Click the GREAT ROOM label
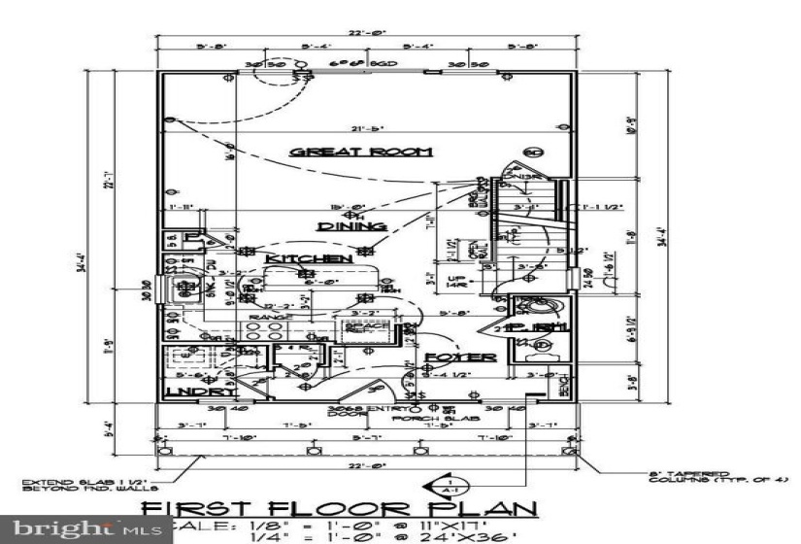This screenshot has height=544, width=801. (362, 152)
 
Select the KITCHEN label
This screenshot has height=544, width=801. (309, 259)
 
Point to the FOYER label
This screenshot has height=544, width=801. (460, 357)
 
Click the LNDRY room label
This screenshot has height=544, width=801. (200, 392)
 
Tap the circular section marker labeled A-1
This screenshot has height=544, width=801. (451, 487)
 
